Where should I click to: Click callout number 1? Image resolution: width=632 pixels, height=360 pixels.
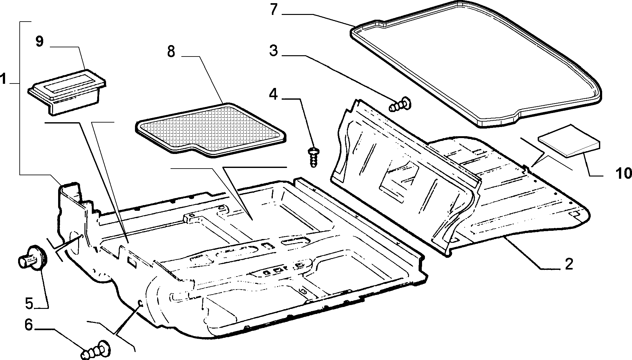[3, 79]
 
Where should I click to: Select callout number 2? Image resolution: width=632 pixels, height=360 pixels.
[568, 264]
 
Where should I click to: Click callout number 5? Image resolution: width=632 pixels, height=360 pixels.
[29, 303]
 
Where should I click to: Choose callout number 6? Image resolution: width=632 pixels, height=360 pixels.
[29, 325]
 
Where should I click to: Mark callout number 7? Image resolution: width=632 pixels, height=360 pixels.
[274, 10]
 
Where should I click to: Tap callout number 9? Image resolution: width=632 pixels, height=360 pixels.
[39, 42]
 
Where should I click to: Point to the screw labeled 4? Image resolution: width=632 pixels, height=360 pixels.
[313, 157]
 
